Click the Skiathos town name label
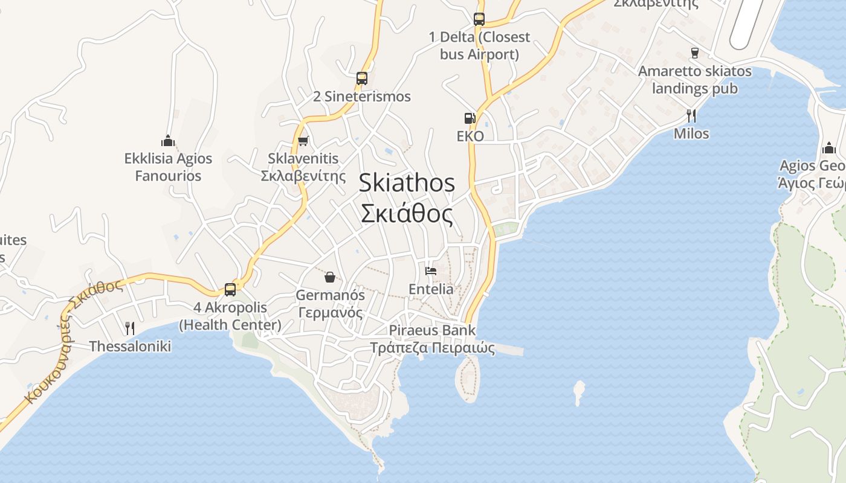coord(407,198)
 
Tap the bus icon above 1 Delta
coord(479,19)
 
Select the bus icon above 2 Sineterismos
coord(362,78)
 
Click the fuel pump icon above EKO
coord(470,118)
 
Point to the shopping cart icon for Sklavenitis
coord(303,141)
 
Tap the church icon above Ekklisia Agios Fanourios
coord(168,141)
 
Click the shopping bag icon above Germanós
coord(330,277)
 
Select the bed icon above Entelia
coord(431,271)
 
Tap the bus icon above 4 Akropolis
coord(230,290)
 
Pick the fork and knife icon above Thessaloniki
coord(130,328)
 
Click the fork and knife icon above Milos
coord(691,115)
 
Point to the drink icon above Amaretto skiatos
coord(695,53)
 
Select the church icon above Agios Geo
coord(828,148)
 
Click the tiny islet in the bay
coord(579,392)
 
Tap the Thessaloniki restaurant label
coord(130,347)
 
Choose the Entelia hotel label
coord(431,289)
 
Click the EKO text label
coord(470,136)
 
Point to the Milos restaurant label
coord(691,133)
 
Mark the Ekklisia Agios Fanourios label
coord(168,167)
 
